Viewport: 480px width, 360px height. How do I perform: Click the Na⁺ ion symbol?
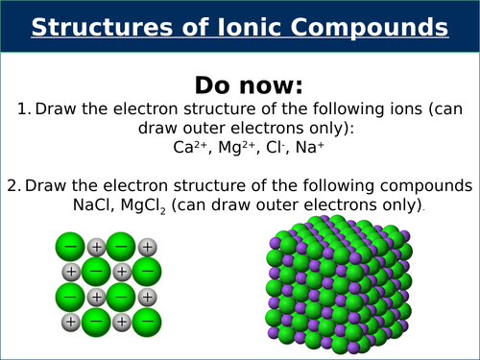(301, 149)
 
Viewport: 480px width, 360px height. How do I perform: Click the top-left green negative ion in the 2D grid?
(70, 247)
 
